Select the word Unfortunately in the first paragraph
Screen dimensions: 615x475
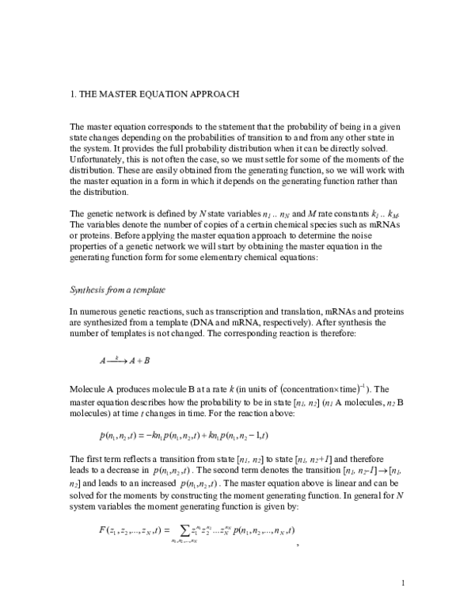pos(97,158)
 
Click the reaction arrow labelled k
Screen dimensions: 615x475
pos(117,360)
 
